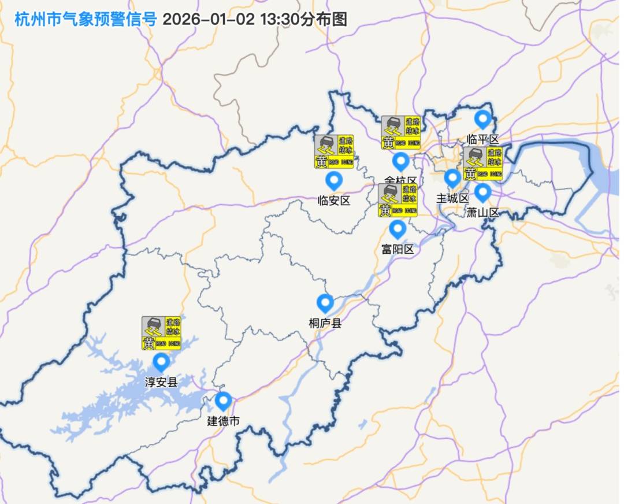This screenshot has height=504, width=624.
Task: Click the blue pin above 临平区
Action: pyautogui.click(x=482, y=120)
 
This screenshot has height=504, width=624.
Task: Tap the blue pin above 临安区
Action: pyautogui.click(x=334, y=181)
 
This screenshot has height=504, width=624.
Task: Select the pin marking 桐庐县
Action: pyautogui.click(x=325, y=303)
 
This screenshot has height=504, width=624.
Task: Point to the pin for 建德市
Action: pyautogui.click(x=223, y=401)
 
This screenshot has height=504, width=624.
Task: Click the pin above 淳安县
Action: pyautogui.click(x=161, y=362)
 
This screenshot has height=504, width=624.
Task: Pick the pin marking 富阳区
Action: pyautogui.click(x=398, y=229)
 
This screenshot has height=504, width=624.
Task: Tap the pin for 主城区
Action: pyautogui.click(x=452, y=178)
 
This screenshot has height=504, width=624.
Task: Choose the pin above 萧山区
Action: pyautogui.click(x=482, y=192)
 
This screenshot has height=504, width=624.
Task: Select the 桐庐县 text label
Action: pyautogui.click(x=325, y=323)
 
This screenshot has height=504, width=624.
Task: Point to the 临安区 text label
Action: pyautogui.click(x=334, y=201)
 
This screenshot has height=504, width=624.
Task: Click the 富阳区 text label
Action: pyautogui.click(x=398, y=249)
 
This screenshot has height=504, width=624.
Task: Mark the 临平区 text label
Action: pyautogui.click(x=482, y=139)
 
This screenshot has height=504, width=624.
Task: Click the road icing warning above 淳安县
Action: pyautogui.click(x=161, y=333)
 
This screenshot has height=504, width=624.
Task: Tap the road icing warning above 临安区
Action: pyautogui.click(x=335, y=152)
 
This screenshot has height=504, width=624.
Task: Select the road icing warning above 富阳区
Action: pyautogui.click(x=398, y=201)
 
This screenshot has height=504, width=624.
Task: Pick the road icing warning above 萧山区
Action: pyautogui.click(x=483, y=164)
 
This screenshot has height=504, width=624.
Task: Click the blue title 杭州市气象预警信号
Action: pyautogui.click(x=86, y=18)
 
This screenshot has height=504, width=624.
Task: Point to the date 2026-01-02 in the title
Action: pyautogui.click(x=209, y=18)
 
